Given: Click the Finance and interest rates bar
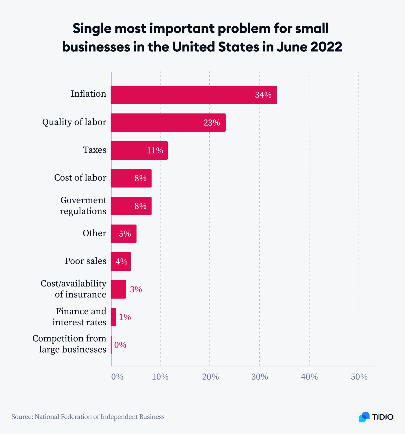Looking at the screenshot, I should pos(114,317).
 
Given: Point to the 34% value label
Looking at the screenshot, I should pos(263,95).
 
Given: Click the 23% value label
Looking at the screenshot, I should pos(212,123).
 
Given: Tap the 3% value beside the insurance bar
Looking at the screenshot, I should pos(136,289).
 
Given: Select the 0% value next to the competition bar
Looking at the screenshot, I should pos(120,345).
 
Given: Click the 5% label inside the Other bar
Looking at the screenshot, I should pos(125,234).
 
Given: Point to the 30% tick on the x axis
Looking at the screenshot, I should pos(260,377).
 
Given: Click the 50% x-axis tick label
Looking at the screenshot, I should pos(359,377).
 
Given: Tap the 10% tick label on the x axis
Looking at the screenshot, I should pos(160,377).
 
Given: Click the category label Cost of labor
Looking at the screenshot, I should pos(80,178).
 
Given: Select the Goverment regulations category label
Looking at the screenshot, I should pos(83,206).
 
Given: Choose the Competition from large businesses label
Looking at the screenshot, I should pos(69,344).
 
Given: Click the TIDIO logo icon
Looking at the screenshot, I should pos(364,417).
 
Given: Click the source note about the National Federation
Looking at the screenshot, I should pos(88,417).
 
